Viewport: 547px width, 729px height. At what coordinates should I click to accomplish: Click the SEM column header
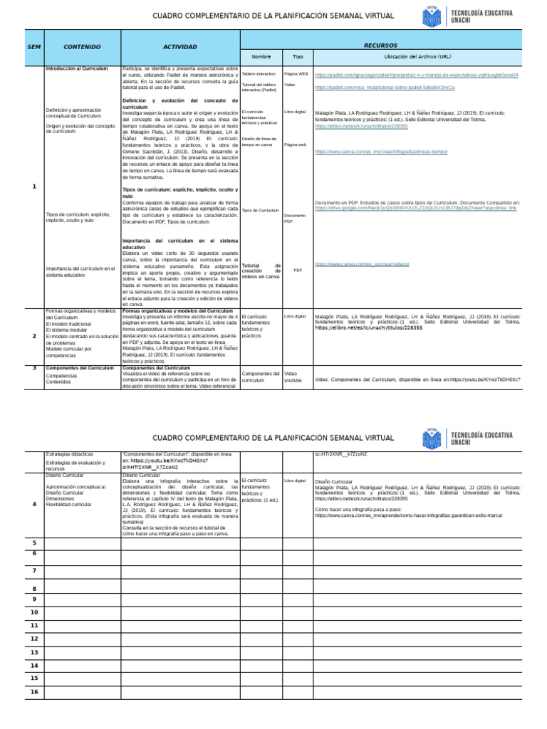point(34,46)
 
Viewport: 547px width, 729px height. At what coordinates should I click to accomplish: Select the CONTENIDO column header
point(82,46)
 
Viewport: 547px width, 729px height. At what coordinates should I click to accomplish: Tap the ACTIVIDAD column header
point(180,46)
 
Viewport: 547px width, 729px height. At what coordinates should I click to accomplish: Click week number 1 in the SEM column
point(34,187)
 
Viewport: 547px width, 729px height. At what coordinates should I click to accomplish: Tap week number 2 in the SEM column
point(34,335)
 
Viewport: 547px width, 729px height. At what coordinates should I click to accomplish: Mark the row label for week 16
point(34,691)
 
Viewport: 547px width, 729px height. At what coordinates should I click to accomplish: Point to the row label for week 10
point(34,612)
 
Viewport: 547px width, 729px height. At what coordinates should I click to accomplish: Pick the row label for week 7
point(34,571)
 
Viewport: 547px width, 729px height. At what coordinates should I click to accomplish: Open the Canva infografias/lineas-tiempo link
point(380,152)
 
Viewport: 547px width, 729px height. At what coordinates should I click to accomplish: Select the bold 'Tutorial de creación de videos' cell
point(261,271)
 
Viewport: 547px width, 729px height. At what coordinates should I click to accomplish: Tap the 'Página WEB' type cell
point(296,73)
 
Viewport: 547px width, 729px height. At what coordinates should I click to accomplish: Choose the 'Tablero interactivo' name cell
point(259,73)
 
